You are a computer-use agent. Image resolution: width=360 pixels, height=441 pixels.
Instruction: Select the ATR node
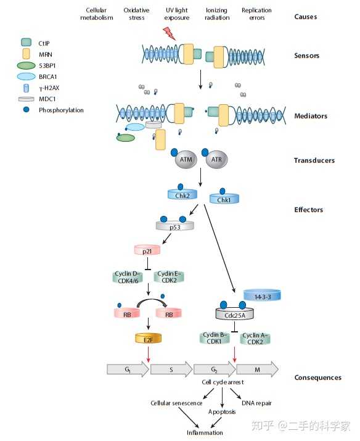pyautogui.click(x=216, y=160)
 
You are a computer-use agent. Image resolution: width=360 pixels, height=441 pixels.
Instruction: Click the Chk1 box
pyautogui.click(x=223, y=199)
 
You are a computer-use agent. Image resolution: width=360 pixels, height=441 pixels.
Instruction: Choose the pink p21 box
pyautogui.click(x=147, y=250)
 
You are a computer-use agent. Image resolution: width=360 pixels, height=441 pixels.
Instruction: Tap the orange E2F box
pyautogui.click(x=148, y=339)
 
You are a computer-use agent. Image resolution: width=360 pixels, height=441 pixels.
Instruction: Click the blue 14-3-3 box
pyautogui.click(x=262, y=296)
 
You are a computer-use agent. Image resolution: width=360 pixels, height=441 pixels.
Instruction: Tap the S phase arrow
pyautogui.click(x=171, y=369)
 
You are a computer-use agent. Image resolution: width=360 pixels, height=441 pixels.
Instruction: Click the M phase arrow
pyautogui.click(x=257, y=369)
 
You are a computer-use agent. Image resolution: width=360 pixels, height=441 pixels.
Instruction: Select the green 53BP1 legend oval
pyautogui.click(x=27, y=64)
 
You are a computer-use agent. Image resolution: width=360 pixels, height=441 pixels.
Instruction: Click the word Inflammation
pyautogui.click(x=207, y=432)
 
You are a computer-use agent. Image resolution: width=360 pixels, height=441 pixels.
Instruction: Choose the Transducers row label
pyautogui.click(x=314, y=160)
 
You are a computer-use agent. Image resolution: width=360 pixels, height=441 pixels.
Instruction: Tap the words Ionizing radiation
pyautogui.click(x=217, y=14)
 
